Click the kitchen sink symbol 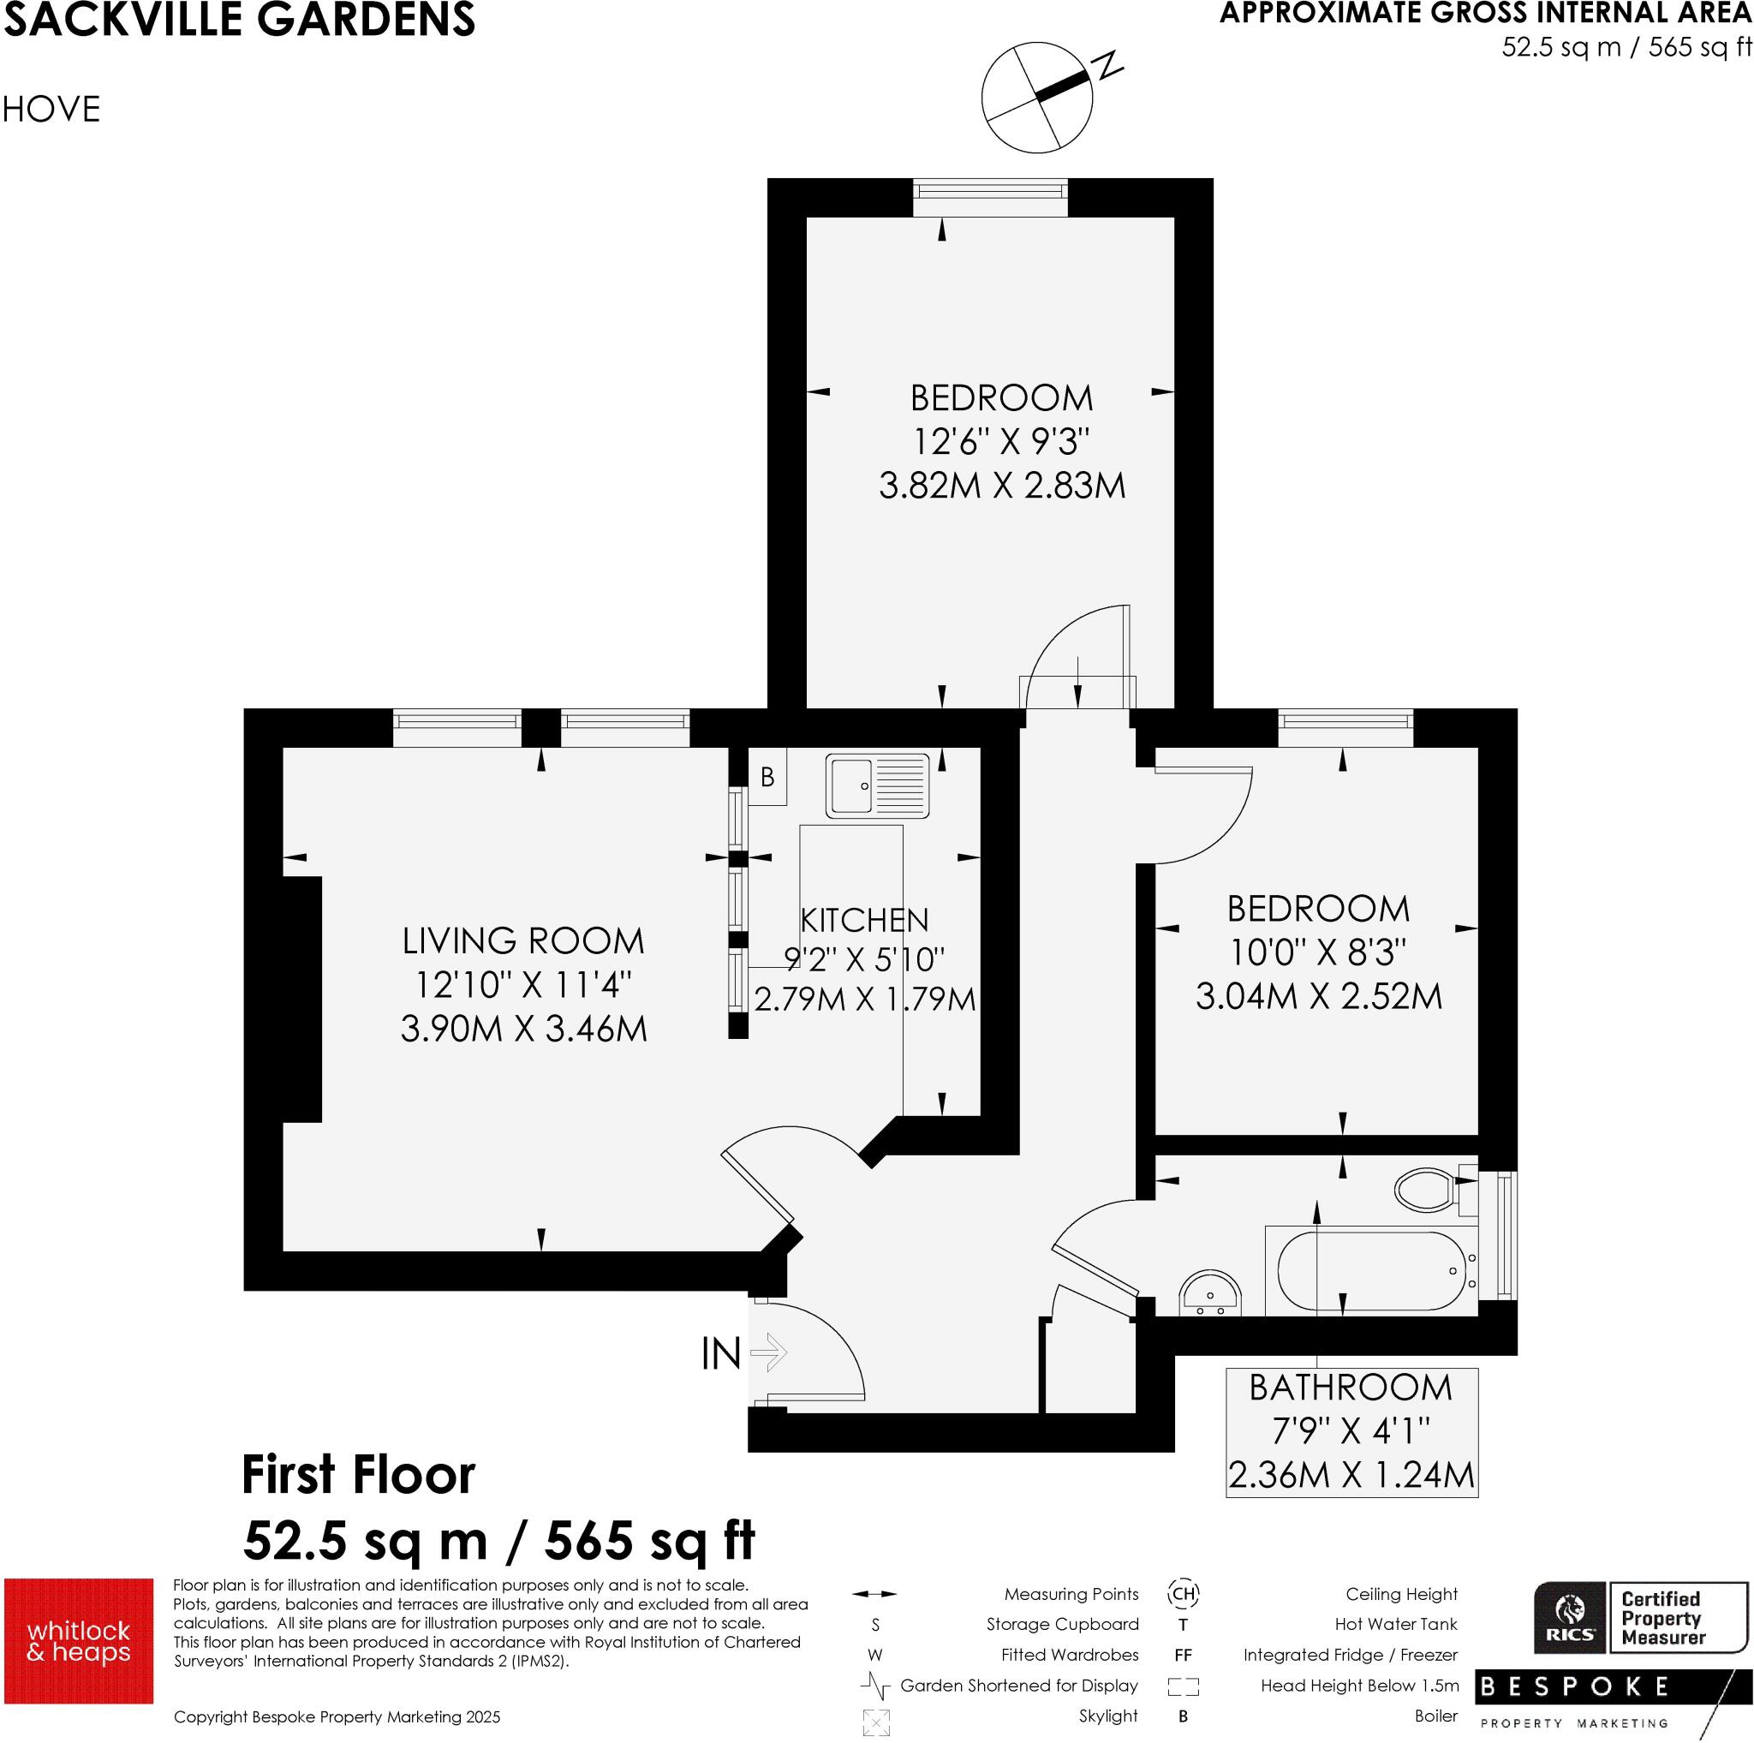click(877, 785)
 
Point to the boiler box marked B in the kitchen click(767, 776)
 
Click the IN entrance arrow click(770, 1352)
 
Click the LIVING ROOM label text click(523, 941)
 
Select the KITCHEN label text click(864, 921)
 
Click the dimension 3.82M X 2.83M click(1001, 486)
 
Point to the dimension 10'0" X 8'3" click(1317, 952)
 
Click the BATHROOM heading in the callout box click(1350, 1388)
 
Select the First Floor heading click(358, 1475)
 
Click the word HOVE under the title click(51, 110)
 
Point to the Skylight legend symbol click(876, 1722)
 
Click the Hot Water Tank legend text click(1395, 1624)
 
